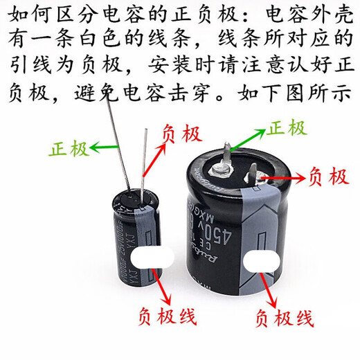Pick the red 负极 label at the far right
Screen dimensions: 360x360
(x=328, y=177)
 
